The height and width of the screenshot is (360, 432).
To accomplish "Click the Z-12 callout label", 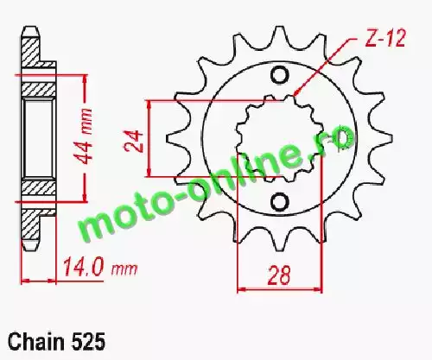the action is pyautogui.click(x=385, y=38).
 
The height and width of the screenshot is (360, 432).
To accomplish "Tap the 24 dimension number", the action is pyautogui.click(x=133, y=141).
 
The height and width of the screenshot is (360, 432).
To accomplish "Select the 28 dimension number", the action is pyautogui.click(x=279, y=275).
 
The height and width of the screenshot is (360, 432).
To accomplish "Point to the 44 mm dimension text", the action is pyautogui.click(x=84, y=136).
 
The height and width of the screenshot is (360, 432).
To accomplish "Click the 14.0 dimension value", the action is pyautogui.click(x=83, y=268).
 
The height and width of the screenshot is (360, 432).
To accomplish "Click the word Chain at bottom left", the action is pyautogui.click(x=36, y=342).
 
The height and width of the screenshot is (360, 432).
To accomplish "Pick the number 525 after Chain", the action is pyautogui.click(x=87, y=342).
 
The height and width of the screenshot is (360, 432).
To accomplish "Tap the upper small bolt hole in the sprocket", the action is pyautogui.click(x=279, y=75).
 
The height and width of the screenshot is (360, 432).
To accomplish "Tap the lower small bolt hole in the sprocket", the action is pyautogui.click(x=279, y=202).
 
